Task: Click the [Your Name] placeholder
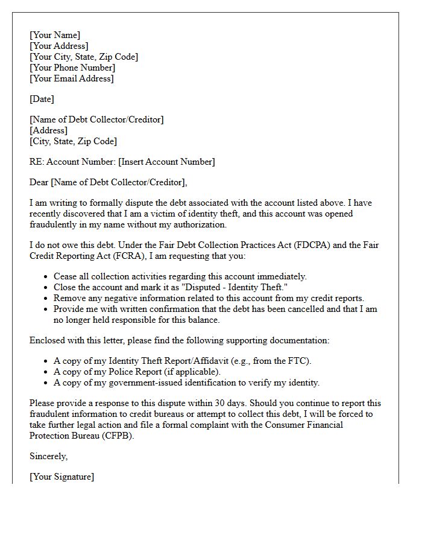[55, 35]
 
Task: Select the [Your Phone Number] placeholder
[72, 68]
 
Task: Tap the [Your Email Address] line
[72, 78]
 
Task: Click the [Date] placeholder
[42, 99]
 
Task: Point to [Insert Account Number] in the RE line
[166, 162]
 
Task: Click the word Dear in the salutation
[39, 182]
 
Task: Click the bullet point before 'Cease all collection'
[48, 276]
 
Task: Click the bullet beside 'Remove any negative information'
[48, 298]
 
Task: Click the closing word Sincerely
[48, 456]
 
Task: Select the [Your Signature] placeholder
[61, 477]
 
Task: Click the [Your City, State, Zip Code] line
[84, 57]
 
